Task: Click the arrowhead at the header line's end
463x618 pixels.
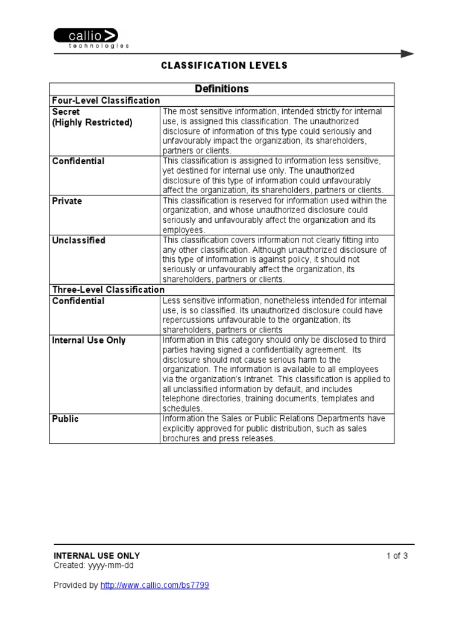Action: click(408, 54)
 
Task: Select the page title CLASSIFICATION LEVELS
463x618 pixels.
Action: click(224, 65)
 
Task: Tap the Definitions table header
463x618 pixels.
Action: click(221, 89)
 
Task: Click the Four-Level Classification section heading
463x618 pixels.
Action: click(106, 101)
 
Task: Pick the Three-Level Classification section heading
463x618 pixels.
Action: click(108, 290)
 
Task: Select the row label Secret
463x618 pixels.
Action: click(66, 112)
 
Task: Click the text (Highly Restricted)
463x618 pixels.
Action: click(92, 122)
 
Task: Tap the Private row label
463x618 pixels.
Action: click(67, 200)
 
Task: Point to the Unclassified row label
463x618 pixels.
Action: click(78, 240)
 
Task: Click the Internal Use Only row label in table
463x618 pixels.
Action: click(89, 340)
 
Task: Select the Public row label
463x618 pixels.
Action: click(65, 419)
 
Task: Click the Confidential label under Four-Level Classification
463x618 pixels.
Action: click(78, 161)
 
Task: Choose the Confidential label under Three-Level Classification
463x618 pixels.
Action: click(78, 301)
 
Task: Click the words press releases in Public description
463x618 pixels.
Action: click(250, 438)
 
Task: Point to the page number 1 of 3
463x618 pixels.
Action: click(397, 556)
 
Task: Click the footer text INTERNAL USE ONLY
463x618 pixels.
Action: click(96, 556)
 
